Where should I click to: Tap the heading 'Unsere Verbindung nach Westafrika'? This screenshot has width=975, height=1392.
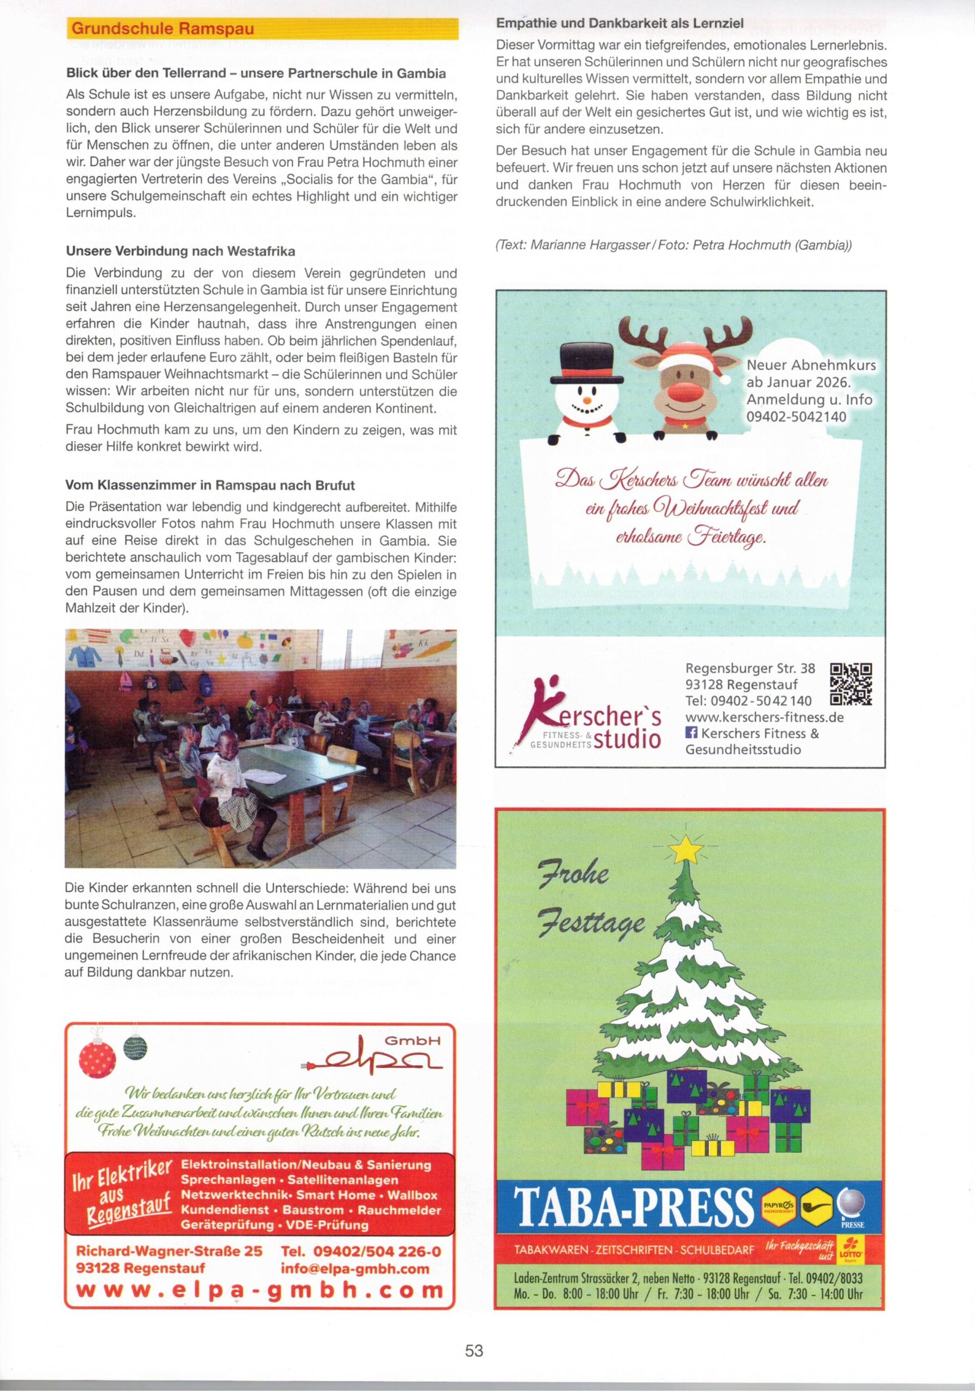180,251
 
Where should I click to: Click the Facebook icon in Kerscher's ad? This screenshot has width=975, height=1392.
691,733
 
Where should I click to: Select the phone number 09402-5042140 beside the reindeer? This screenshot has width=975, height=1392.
796,417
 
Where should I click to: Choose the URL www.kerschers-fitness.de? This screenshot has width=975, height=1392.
764,717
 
